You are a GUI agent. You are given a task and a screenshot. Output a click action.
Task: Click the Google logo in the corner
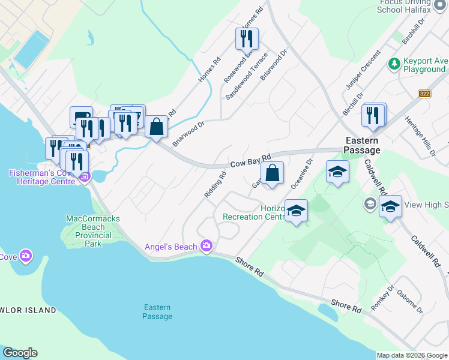point(20,353)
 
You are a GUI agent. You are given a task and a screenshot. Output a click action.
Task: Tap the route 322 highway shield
point(425,94)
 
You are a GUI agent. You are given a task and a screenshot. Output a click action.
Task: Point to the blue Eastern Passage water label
point(158,312)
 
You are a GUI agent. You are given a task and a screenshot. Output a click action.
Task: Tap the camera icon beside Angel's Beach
point(207,245)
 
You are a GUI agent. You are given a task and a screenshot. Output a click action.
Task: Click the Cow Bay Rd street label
point(251,160)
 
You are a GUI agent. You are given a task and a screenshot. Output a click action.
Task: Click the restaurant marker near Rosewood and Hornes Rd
point(246,39)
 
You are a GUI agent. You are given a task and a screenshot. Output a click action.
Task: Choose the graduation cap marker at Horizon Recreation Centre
point(296,211)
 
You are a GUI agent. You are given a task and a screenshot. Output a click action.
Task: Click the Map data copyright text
point(411,355)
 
